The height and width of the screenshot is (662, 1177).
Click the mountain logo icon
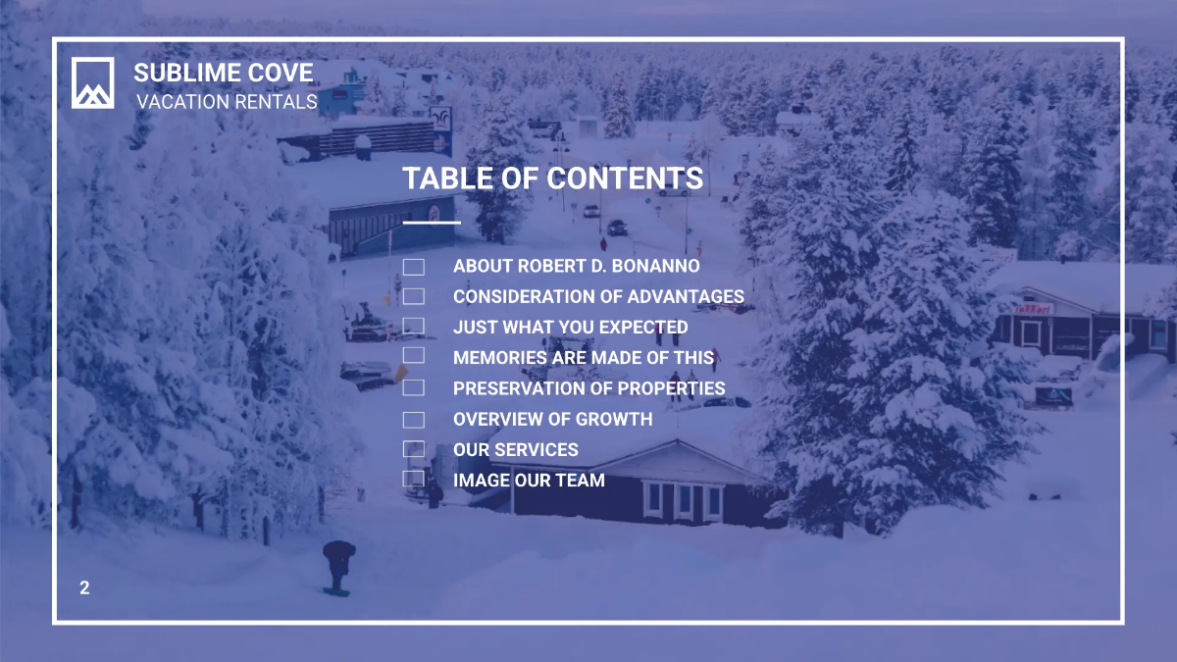coord(93,82)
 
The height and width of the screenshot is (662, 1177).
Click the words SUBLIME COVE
coord(224,73)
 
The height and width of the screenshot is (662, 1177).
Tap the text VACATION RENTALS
coord(227,102)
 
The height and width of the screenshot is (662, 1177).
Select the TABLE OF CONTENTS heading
coord(552,178)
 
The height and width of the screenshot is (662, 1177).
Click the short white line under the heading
coord(432,223)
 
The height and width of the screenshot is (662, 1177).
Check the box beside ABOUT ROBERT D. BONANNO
coord(414,267)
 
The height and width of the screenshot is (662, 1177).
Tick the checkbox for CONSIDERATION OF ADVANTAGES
coord(414,296)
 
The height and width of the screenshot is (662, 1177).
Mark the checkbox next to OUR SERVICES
coord(414,449)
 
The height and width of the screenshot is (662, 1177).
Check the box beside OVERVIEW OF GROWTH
coord(414,420)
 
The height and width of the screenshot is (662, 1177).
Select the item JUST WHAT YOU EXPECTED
coord(570,328)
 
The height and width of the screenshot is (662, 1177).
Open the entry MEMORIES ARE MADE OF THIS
coord(584,358)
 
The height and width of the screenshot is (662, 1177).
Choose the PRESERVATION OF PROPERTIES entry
coord(588,388)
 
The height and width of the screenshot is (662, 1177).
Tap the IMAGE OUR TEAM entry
coord(529,481)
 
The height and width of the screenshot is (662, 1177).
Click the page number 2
coord(84,588)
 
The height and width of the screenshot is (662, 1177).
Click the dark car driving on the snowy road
coord(616,228)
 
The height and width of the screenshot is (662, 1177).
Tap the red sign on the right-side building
coord(1032,308)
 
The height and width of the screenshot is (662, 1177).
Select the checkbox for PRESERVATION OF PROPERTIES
coord(414,388)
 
